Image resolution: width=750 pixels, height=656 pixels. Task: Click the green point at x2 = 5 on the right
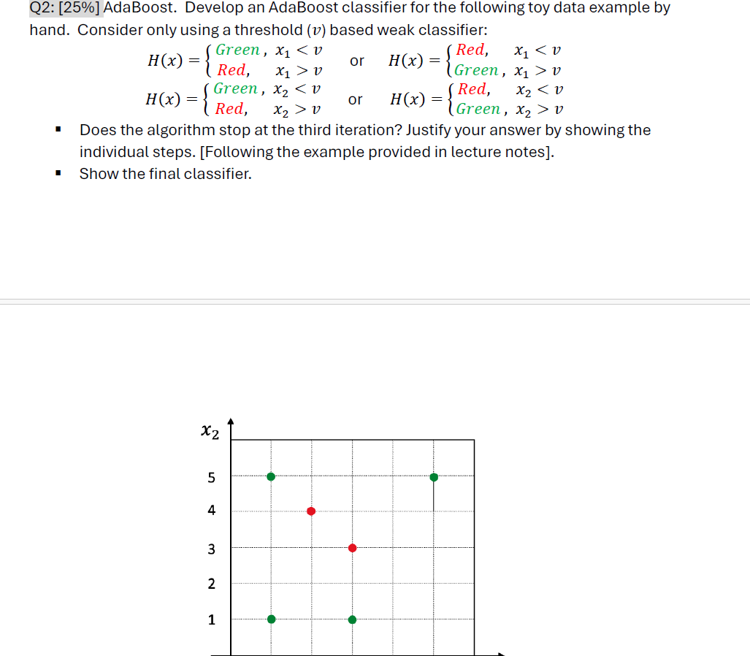tap(434, 477)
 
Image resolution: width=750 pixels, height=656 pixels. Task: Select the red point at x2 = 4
tap(311, 511)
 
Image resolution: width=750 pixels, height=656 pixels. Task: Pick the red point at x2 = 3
tap(352, 548)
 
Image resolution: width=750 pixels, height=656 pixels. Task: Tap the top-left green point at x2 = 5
tap(271, 476)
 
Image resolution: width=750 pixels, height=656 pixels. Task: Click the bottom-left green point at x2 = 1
tap(271, 619)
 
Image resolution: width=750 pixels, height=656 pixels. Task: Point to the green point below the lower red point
tap(352, 619)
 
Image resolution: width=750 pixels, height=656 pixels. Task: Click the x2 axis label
tap(209, 432)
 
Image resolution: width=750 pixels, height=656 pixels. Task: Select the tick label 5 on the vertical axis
tap(212, 478)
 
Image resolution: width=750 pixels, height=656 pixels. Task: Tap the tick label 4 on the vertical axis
tap(212, 511)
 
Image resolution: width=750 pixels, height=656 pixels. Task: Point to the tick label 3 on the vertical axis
tap(212, 549)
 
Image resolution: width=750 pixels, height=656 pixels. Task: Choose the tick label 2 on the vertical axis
tap(212, 584)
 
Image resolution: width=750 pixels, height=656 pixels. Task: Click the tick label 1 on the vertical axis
tap(212, 619)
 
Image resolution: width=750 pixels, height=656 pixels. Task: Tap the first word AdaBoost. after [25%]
tap(139, 9)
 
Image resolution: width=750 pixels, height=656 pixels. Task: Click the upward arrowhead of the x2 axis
tap(231, 422)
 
